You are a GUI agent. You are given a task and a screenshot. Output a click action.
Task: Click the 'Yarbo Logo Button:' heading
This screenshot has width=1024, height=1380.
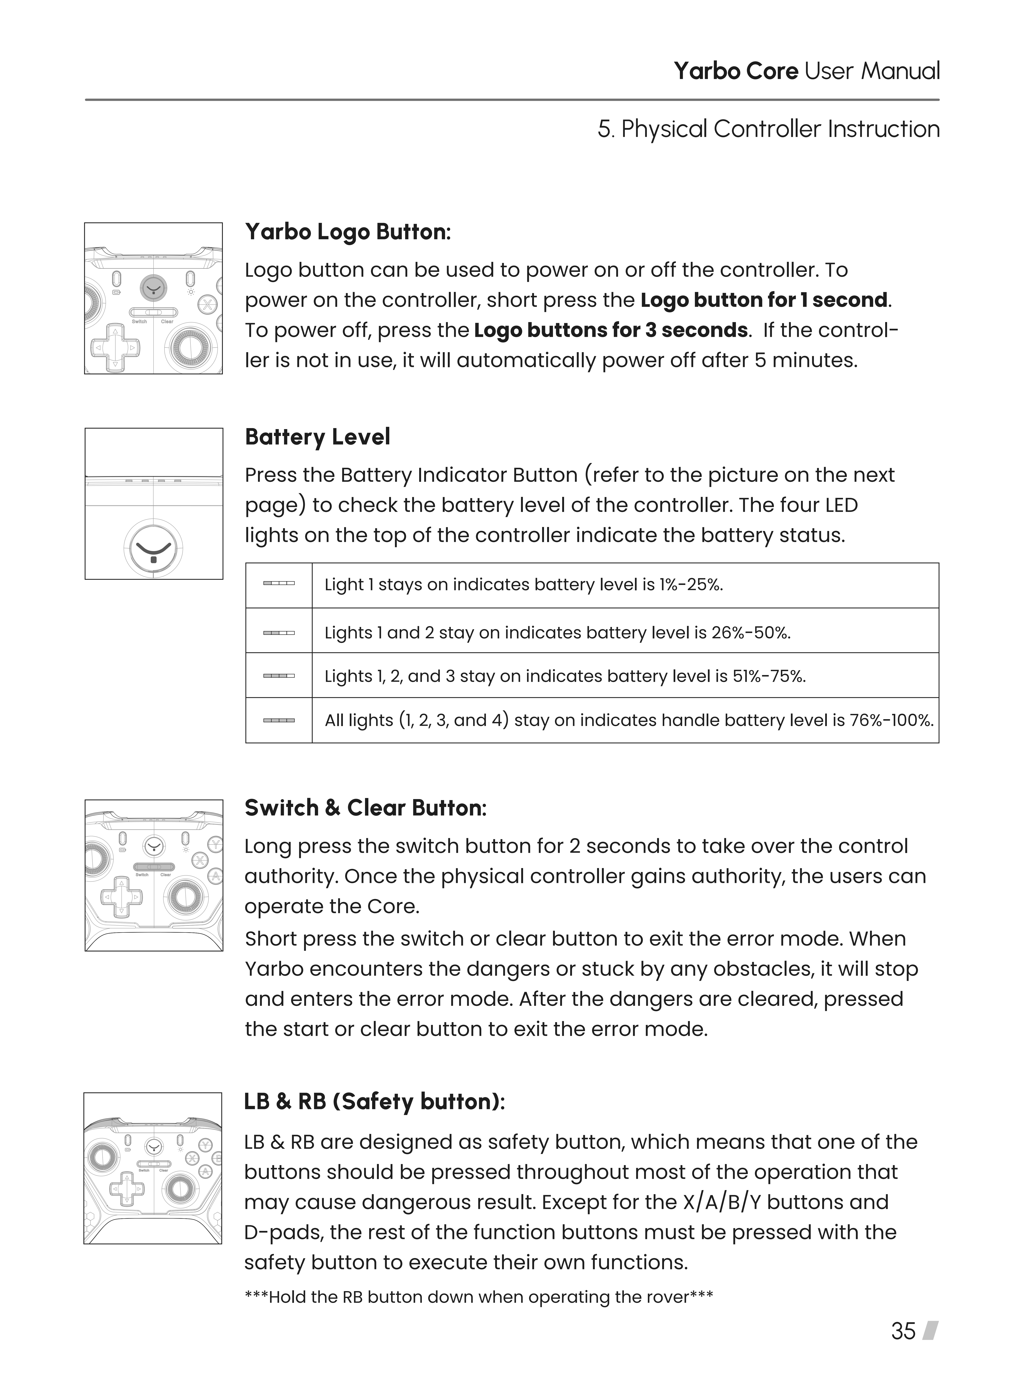(348, 232)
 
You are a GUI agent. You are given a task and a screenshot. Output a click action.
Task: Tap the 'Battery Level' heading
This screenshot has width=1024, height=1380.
(317, 437)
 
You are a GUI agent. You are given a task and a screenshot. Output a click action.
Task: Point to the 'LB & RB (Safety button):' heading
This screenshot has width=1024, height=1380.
(374, 1102)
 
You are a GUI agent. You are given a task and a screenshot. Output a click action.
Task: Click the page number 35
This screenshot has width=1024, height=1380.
(903, 1331)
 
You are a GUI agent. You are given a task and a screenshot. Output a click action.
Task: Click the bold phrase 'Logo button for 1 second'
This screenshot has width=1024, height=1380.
(764, 300)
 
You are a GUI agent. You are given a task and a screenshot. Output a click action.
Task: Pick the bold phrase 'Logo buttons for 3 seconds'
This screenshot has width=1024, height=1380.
(610, 330)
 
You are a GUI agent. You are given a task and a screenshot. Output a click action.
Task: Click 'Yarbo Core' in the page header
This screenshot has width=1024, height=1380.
(736, 71)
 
